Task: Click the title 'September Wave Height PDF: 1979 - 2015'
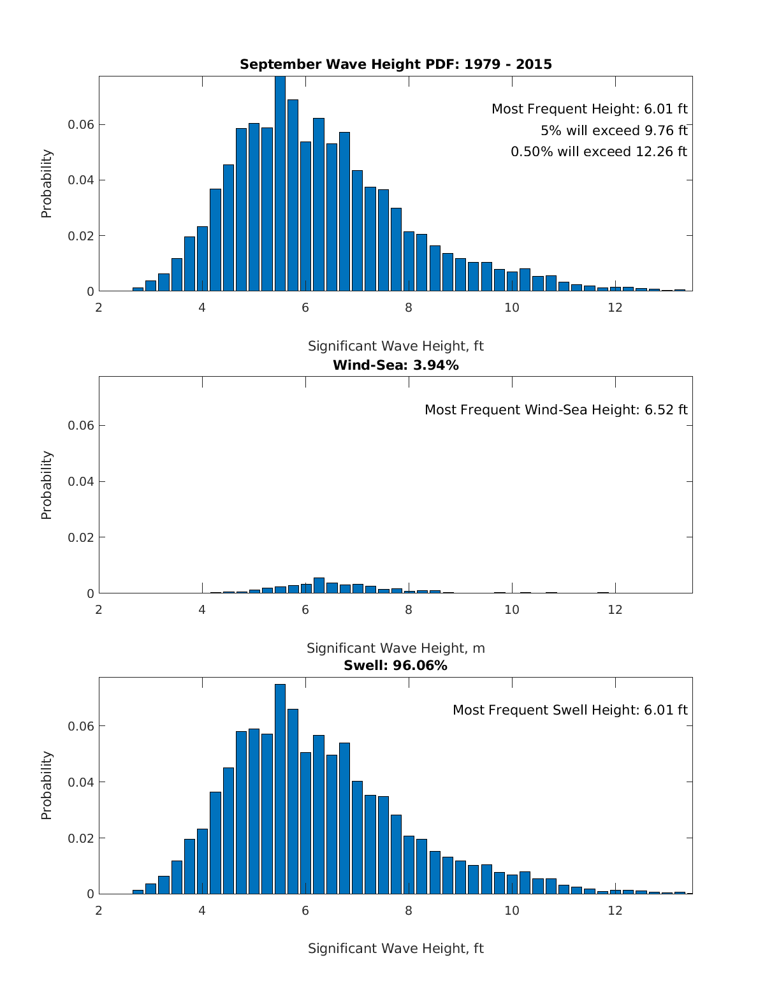(395, 64)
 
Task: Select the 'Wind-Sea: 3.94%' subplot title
(395, 365)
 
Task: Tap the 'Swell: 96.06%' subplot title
(395, 666)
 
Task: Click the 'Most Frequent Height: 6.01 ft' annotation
(589, 109)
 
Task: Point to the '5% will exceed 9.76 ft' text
(614, 131)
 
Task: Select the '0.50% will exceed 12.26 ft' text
(599, 152)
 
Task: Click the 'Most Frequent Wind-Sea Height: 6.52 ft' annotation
(556, 410)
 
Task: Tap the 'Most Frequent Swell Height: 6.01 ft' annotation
(570, 710)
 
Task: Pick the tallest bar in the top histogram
(280, 185)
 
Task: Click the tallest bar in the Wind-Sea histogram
(319, 585)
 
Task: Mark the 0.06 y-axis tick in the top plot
(81, 124)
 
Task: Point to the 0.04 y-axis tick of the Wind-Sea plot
(81, 481)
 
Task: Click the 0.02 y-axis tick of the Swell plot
(81, 838)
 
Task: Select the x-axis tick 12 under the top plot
(615, 307)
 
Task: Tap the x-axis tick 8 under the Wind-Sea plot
(409, 609)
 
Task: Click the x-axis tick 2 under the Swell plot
(99, 910)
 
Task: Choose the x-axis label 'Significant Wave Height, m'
(395, 648)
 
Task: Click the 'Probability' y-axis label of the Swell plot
(47, 785)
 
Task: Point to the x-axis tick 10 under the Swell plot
(512, 910)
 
